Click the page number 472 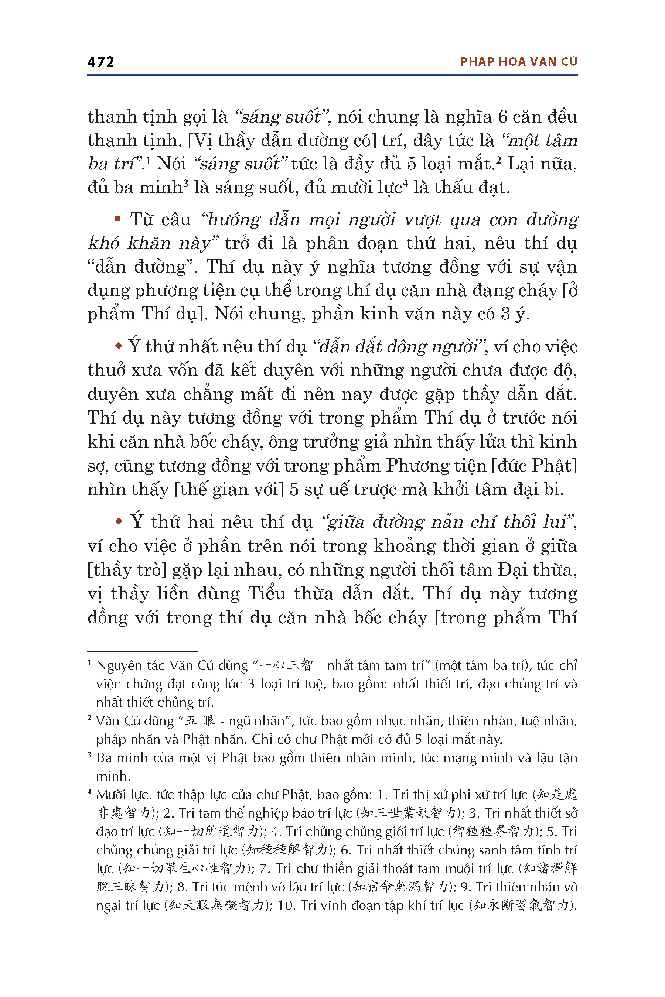pos(100,62)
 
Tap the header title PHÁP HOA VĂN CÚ pos(519,62)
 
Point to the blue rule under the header pos(332,75)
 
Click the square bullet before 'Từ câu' pos(117,219)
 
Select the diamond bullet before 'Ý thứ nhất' pos(119,346)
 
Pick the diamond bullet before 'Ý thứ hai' pos(119,521)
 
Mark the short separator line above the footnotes pos(143,651)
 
